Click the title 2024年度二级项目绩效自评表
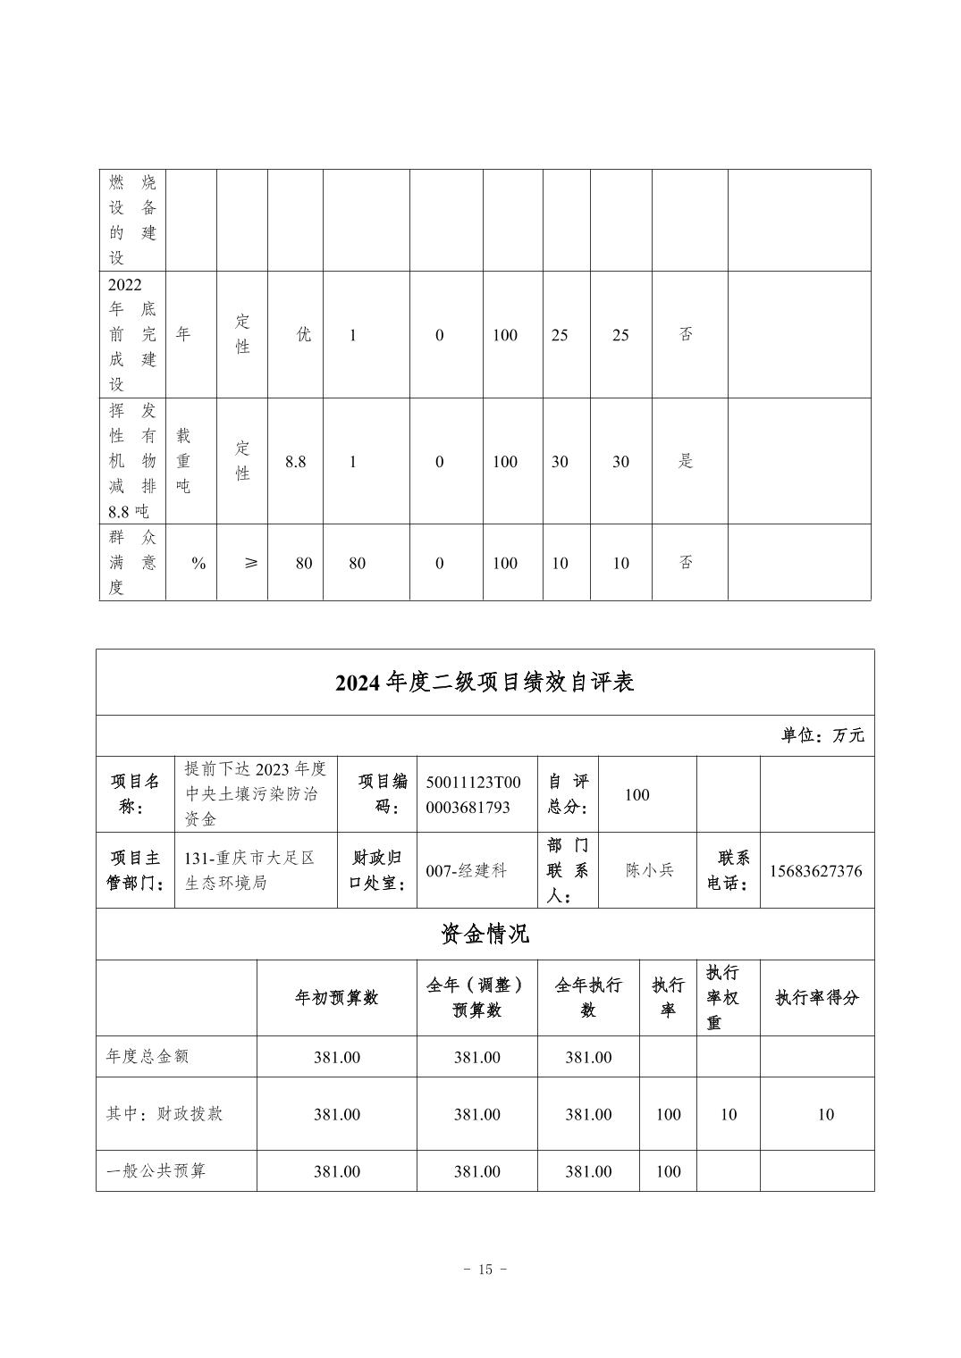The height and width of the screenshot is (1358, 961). (x=485, y=683)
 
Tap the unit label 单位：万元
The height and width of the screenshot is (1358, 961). (x=822, y=735)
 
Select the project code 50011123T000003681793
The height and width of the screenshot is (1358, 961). (x=473, y=794)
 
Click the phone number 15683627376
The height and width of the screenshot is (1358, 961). (x=815, y=871)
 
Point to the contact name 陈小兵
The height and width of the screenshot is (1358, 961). (x=649, y=870)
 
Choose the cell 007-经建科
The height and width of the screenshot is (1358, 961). (x=467, y=871)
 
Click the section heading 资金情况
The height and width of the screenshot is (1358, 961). (x=485, y=935)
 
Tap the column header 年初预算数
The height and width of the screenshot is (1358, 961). (x=336, y=998)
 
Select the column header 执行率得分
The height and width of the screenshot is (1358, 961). (x=816, y=998)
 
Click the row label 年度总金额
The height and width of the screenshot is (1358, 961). (x=148, y=1056)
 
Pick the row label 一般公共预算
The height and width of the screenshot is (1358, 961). (x=156, y=1170)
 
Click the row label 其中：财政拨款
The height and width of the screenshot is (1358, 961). (x=164, y=1114)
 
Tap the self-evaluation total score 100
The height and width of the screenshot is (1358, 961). (x=637, y=794)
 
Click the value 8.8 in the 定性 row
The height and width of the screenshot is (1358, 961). (x=295, y=461)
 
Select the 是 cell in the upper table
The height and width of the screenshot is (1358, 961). (x=686, y=461)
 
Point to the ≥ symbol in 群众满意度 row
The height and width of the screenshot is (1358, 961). (x=251, y=563)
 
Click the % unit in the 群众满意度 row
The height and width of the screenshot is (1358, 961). (x=198, y=563)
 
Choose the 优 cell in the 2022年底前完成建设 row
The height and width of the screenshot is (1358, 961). (x=304, y=335)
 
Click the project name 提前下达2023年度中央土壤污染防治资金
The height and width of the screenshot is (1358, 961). (x=256, y=794)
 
